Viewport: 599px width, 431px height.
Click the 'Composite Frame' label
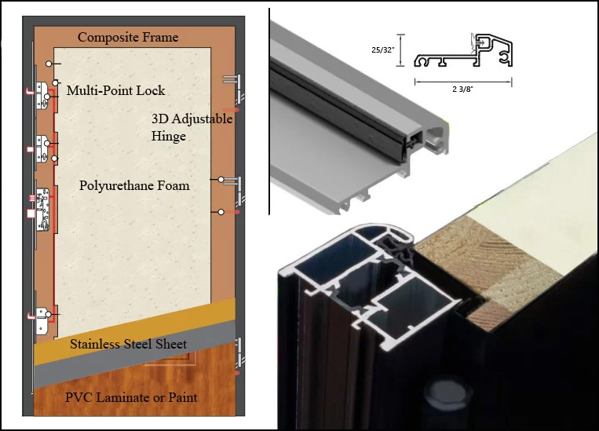tap(128, 37)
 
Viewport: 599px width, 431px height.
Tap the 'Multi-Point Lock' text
tap(115, 90)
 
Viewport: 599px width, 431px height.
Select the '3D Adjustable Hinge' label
tap(192, 127)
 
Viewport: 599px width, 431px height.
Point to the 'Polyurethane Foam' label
tap(134, 185)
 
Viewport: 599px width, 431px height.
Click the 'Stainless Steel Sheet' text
tap(129, 344)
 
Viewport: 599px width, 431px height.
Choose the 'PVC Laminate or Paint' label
tap(131, 397)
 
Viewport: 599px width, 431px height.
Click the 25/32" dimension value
tap(383, 49)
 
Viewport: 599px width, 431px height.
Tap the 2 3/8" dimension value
tap(462, 89)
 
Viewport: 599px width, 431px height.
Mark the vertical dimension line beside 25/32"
tap(400, 50)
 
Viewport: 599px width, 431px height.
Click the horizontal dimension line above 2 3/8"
tap(463, 82)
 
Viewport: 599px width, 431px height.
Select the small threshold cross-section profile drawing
tap(463, 50)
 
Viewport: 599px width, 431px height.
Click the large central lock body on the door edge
tap(42, 210)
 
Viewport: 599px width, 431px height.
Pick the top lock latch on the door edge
tap(42, 95)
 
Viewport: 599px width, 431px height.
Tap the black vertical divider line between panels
tap(269, 111)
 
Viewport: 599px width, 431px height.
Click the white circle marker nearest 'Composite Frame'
tap(49, 64)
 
